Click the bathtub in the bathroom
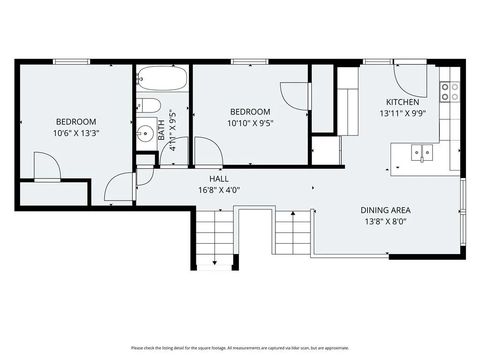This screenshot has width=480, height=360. pos(162,78)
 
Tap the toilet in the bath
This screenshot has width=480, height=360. pos(149,105)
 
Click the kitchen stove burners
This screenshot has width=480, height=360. pos(450,92)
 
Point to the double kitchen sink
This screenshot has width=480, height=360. pos(422,152)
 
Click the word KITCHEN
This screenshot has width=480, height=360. pos(403,102)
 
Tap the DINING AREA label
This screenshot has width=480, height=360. pos(385,210)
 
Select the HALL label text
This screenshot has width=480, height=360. pos(219,179)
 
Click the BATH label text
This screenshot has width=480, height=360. pos(161,130)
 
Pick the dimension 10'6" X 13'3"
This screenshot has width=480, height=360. pos(76,133)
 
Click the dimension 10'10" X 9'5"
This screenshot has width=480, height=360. pos(250,123)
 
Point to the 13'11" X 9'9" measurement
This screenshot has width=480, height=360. pos(403,113)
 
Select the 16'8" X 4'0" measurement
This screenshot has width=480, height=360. pos(219,190)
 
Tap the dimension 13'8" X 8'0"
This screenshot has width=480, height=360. pos(386,221)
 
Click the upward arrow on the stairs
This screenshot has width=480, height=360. pos(293,232)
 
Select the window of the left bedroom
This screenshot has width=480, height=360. pos(72,61)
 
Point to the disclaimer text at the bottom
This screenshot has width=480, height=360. pos(240,348)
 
